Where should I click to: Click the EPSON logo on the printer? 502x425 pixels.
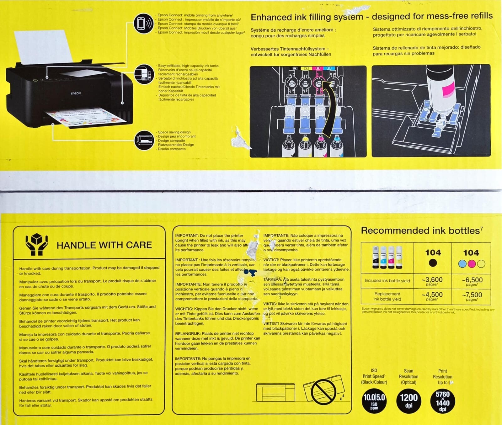pos(76,93)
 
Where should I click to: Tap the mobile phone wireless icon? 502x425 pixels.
pos(143,23)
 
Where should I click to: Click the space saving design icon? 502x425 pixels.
pos(144,140)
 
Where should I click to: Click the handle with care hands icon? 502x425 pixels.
pos(37,244)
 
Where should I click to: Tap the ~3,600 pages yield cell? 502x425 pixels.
pos(432,281)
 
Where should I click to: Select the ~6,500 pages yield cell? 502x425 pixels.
pos(472,281)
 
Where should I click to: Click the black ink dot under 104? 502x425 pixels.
pos(433,263)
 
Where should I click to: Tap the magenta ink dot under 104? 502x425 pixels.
pos(472,264)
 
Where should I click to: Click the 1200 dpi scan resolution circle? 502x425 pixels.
pos(409,400)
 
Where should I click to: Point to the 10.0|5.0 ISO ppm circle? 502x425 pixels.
pos(374,400)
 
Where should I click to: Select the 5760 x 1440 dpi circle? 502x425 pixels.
pos(442,400)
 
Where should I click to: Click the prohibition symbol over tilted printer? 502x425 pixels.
pos(323,391)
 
